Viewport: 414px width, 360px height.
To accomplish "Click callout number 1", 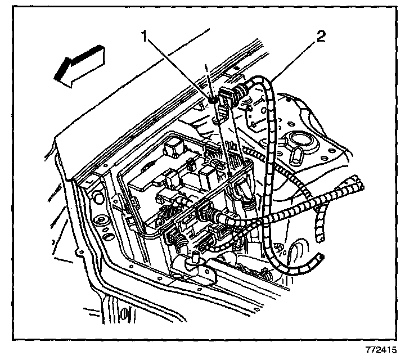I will click(145, 38).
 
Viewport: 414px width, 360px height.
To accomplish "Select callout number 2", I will click(321, 38).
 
